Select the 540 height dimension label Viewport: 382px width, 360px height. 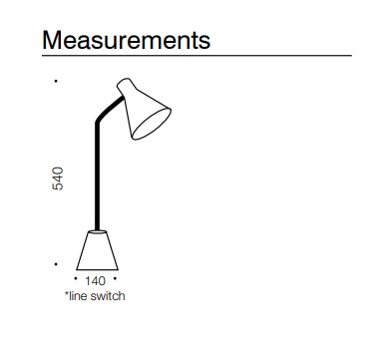pyautogui.click(x=58, y=179)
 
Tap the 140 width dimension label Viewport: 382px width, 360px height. pyautogui.click(x=97, y=282)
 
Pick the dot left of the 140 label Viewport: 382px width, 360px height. pyautogui.click(x=76, y=281)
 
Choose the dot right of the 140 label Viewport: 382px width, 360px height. pyautogui.click(x=119, y=281)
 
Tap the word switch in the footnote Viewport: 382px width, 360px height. pyautogui.click(x=109, y=296)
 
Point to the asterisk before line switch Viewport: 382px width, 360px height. pyautogui.click(x=67, y=295)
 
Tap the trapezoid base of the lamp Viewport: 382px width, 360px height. pyautogui.click(x=98, y=250)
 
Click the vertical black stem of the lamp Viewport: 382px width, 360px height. pyautogui.click(x=97, y=180)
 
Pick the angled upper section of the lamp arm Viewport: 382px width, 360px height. pyautogui.click(x=109, y=109)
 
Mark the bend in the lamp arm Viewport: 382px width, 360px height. pyautogui.click(x=98, y=125)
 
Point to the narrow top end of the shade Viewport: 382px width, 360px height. pyautogui.click(x=124, y=86)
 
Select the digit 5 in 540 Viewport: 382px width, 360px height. pyautogui.click(x=58, y=187)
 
